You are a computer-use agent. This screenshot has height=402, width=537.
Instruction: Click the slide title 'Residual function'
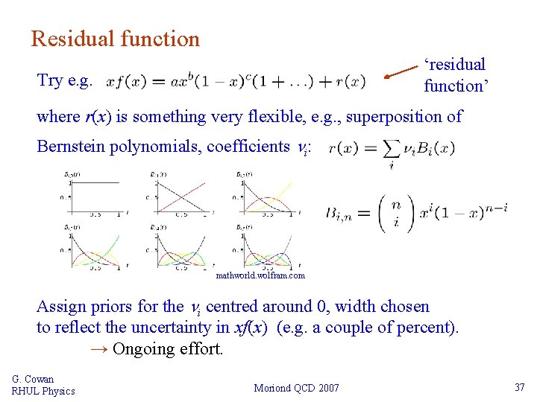coord(116,39)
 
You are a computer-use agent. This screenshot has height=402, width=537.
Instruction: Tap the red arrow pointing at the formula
coord(401,71)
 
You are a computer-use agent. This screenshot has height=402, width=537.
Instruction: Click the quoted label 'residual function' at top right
coord(456,75)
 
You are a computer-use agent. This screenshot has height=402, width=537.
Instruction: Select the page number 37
coord(520,388)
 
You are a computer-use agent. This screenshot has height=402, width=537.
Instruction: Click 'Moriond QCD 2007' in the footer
coord(296,388)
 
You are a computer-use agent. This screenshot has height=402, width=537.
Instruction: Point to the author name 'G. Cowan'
coord(33,379)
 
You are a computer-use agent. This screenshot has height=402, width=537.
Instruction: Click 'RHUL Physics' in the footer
coord(43,391)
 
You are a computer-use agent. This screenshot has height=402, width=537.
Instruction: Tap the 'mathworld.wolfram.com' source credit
coord(260,275)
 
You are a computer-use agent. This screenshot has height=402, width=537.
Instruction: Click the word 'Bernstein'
coord(71,146)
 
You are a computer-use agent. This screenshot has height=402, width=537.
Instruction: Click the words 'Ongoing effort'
coord(168,348)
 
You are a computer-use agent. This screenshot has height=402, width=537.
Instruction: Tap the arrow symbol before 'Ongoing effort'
coord(98,348)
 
